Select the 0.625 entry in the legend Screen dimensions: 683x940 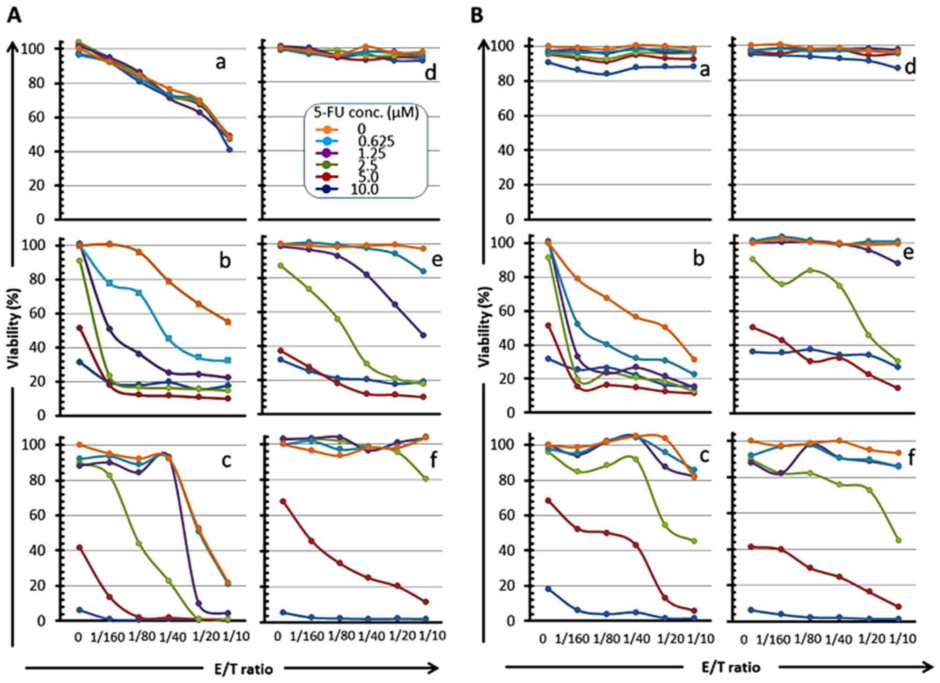(376, 141)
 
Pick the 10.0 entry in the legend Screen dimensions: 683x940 (365, 189)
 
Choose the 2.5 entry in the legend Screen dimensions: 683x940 (367, 165)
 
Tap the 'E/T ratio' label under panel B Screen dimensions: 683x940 (731, 667)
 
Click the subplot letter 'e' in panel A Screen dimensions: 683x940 (436, 259)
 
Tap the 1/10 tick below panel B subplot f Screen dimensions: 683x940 (903, 639)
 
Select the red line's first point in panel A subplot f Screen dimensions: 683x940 (282, 501)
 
